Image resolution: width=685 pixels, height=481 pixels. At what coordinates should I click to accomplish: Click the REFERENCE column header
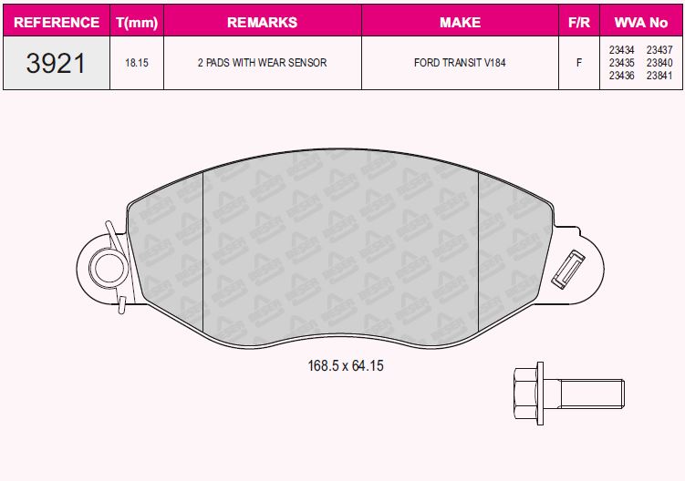pos(57,22)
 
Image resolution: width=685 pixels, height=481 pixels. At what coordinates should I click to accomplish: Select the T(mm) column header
pos(137,22)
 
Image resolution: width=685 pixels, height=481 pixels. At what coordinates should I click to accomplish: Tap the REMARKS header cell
pos(262,22)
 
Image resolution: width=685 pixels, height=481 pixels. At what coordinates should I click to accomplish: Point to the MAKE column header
pos(460,22)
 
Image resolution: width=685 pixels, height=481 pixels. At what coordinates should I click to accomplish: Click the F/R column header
pos(579,22)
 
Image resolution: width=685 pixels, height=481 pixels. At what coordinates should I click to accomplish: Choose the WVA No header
pos(641,22)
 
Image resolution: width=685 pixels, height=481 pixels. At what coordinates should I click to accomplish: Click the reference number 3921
pos(56,63)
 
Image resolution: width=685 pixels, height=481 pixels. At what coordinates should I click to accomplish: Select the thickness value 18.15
pos(137,63)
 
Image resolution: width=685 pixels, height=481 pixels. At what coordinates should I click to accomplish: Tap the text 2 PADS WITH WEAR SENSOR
pos(262,63)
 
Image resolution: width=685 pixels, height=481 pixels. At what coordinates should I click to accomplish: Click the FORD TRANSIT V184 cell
pos(460,63)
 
